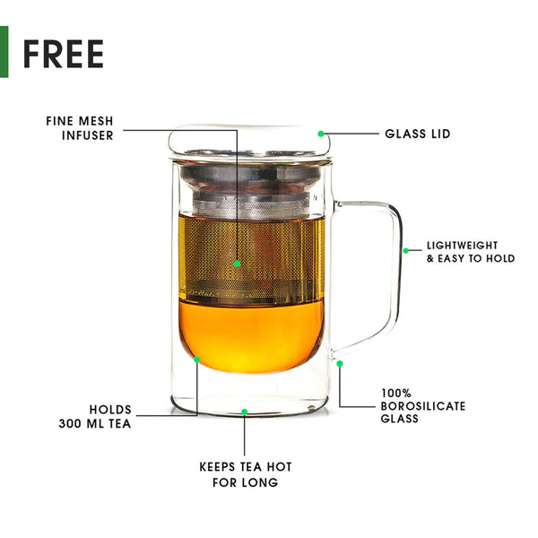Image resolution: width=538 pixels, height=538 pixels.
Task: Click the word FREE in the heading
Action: [x=64, y=54]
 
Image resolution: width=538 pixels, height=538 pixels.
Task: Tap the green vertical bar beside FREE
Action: [x=4, y=52]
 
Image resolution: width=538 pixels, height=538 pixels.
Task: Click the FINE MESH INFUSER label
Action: [x=80, y=128]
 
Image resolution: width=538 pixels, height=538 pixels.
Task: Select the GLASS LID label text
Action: [x=418, y=134]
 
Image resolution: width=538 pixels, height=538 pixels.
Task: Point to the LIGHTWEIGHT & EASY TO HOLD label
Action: [x=471, y=252]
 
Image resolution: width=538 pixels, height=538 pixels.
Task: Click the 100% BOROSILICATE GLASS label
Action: [x=423, y=406]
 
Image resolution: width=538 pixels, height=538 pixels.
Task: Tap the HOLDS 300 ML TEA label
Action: [x=95, y=417]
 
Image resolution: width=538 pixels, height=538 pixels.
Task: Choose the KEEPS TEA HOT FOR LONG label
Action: [x=246, y=474]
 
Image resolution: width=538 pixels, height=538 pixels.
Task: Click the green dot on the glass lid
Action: [x=321, y=134]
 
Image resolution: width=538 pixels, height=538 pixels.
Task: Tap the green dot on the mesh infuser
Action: [x=237, y=264]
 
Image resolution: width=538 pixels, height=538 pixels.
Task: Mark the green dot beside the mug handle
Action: [x=406, y=251]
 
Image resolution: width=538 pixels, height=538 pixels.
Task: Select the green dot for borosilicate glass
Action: [x=340, y=364]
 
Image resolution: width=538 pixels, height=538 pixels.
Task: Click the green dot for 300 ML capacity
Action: [x=197, y=360]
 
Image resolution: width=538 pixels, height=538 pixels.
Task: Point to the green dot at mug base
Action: [x=244, y=412]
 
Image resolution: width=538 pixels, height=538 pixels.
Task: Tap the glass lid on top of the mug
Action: [x=250, y=143]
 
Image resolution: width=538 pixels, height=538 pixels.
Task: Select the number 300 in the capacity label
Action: [x=70, y=424]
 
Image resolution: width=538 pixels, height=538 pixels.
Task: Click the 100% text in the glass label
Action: [x=396, y=394]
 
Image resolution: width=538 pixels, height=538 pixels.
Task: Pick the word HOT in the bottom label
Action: [x=279, y=466]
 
